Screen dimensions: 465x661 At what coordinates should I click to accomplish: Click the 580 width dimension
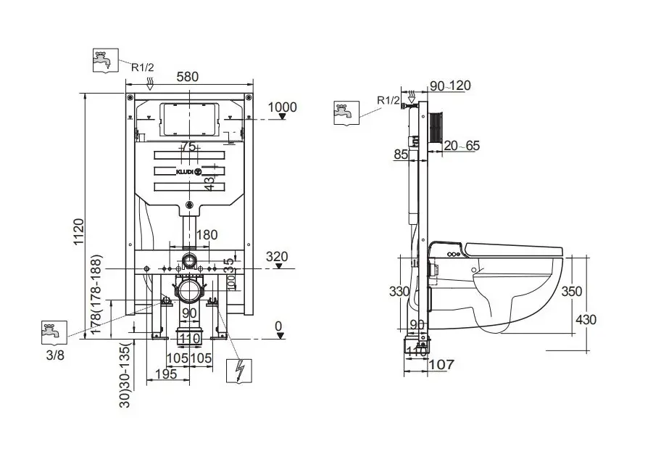pyautogui.click(x=187, y=76)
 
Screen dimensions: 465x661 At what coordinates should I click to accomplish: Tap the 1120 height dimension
pyautogui.click(x=81, y=231)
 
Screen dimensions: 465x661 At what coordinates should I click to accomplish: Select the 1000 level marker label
pyautogui.click(x=283, y=107)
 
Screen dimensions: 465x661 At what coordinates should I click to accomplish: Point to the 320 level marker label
pyautogui.click(x=277, y=256)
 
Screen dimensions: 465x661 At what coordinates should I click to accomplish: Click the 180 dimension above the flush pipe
pyautogui.click(x=207, y=235)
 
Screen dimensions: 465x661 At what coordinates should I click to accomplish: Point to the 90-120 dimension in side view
pyautogui.click(x=450, y=86)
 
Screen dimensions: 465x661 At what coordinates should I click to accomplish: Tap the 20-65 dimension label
pyautogui.click(x=462, y=146)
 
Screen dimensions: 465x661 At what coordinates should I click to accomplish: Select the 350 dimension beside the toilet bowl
pyautogui.click(x=572, y=292)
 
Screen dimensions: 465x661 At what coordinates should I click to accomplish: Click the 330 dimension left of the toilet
pyautogui.click(x=399, y=292)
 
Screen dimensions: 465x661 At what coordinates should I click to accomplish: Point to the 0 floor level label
pyautogui.click(x=278, y=326)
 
